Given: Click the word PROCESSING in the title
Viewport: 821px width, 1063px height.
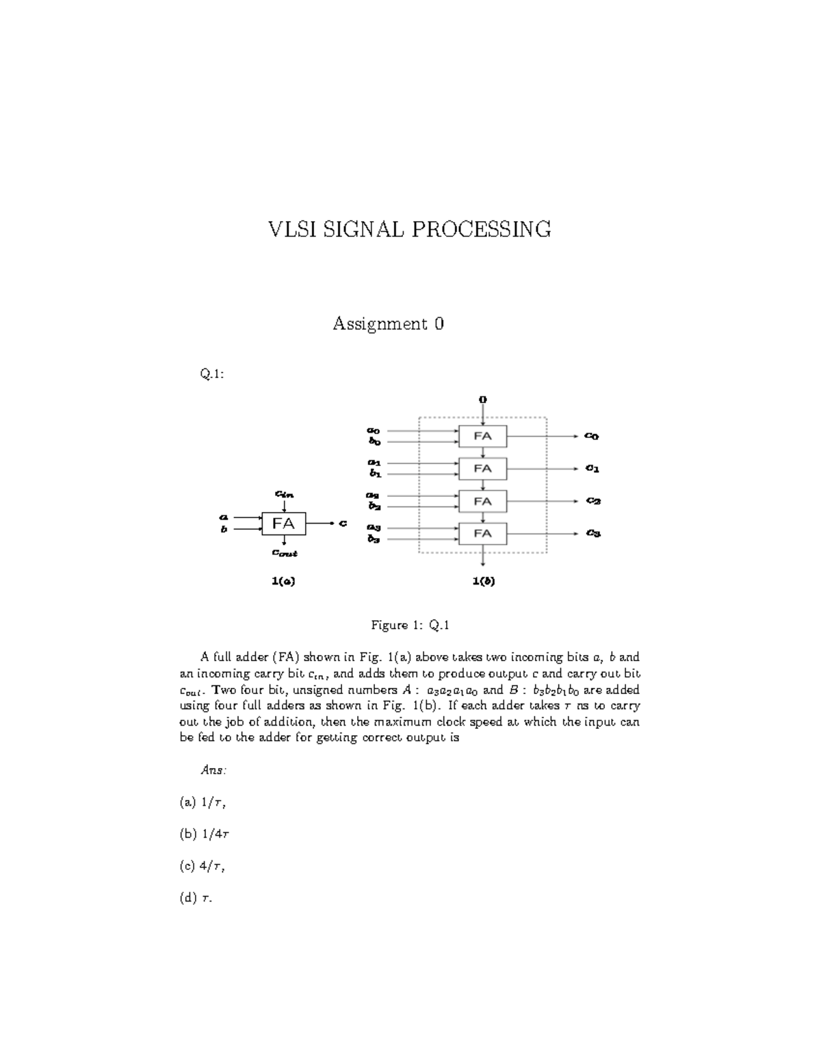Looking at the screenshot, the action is pyautogui.click(x=481, y=229).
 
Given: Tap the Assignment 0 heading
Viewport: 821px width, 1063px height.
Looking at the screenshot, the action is pyautogui.click(x=388, y=324).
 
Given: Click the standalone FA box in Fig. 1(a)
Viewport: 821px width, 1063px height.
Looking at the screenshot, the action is pyautogui.click(x=283, y=524).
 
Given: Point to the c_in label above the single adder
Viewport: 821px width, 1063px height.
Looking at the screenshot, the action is pyautogui.click(x=284, y=493).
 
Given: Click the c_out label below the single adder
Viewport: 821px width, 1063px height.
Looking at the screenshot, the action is pyautogui.click(x=285, y=553).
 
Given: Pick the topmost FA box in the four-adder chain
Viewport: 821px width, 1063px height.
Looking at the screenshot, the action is pyautogui.click(x=482, y=436).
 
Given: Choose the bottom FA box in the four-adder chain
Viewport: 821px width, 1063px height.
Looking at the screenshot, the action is pyautogui.click(x=482, y=533).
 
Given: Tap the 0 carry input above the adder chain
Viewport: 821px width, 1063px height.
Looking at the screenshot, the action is pyautogui.click(x=483, y=399).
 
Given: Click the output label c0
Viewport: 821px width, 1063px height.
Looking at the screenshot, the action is pyautogui.click(x=592, y=436).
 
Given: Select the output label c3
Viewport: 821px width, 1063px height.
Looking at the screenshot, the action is pyautogui.click(x=592, y=533).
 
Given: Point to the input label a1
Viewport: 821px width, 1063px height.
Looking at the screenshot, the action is pyautogui.click(x=374, y=463).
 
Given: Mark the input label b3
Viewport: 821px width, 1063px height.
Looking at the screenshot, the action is pyautogui.click(x=374, y=539).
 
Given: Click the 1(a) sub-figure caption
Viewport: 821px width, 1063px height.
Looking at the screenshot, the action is pyautogui.click(x=283, y=581).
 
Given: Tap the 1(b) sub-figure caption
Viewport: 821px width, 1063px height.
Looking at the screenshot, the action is pyautogui.click(x=483, y=581).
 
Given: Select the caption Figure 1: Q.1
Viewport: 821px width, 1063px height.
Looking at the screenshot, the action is pyautogui.click(x=409, y=625).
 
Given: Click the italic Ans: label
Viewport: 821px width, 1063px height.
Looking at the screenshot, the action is pyautogui.click(x=213, y=770).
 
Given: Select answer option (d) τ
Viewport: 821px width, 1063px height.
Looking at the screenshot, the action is pyautogui.click(x=196, y=898).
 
